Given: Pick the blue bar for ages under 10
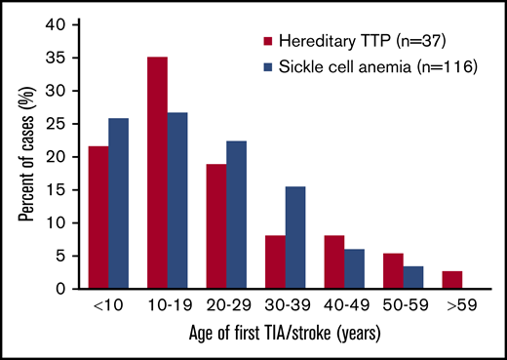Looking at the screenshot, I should pos(118,203).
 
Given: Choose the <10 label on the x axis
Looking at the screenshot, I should pos(107,307).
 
